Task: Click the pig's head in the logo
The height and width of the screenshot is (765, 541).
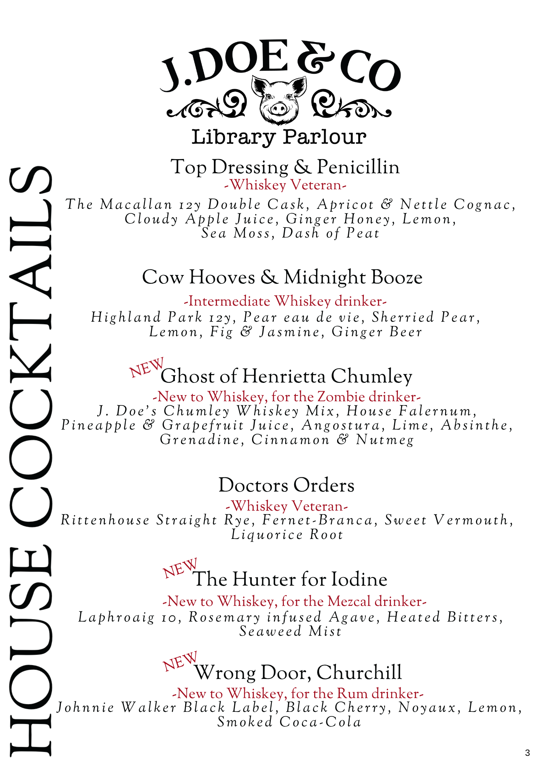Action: coord(279,100)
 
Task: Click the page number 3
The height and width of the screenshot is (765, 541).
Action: coord(528,753)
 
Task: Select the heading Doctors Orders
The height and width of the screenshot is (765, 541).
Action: coord(286,485)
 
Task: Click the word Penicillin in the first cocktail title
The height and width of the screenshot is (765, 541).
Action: coord(358,167)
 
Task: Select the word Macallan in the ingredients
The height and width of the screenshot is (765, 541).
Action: coord(136,204)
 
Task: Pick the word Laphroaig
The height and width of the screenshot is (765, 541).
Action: coord(117,617)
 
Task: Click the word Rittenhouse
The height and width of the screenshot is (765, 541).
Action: coord(105,520)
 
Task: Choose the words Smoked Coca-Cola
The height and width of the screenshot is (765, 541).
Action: coord(289,722)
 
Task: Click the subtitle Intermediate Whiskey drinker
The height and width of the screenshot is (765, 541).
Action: coord(285,301)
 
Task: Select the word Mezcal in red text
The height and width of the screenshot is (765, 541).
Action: coord(349,601)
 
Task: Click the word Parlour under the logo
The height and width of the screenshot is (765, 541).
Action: coord(324,137)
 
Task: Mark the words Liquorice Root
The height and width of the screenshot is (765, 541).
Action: coord(287,534)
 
